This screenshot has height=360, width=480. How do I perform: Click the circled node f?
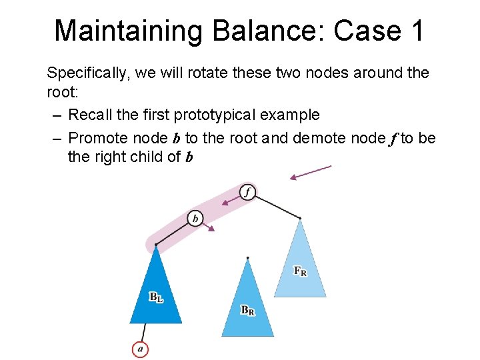tap(247, 192)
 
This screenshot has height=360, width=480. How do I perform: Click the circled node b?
tap(195, 218)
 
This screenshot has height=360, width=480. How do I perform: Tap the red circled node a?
tap(140, 348)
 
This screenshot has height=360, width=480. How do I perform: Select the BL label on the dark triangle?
tap(155, 297)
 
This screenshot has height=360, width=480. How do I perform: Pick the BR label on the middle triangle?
tap(247, 310)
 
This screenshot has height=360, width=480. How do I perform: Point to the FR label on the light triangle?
tap(300, 271)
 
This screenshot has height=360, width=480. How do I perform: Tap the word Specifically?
tap(88, 73)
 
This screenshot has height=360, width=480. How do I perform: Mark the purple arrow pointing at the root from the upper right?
tap(311, 172)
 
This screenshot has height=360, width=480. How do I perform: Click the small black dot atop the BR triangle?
tap(247, 257)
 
